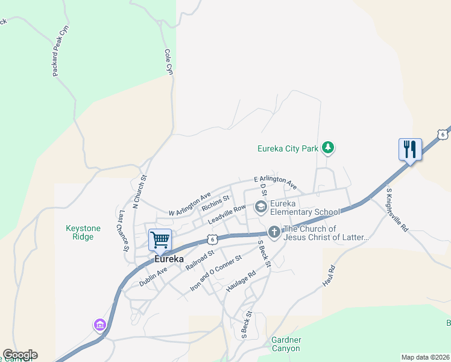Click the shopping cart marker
(x=160, y=240)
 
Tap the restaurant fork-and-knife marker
(x=410, y=149)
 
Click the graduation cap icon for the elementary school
(x=261, y=208)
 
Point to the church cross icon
(x=274, y=232)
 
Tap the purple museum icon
(x=100, y=325)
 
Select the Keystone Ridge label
(x=83, y=232)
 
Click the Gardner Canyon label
(x=286, y=344)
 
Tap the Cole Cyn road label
(x=169, y=62)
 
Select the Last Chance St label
(x=124, y=230)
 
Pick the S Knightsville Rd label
(x=397, y=210)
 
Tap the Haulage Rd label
(x=241, y=282)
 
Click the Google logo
(x=20, y=355)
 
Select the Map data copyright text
(x=426, y=357)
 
